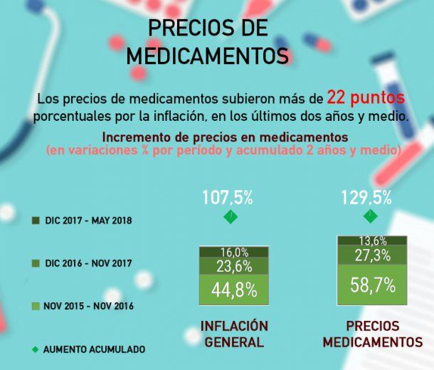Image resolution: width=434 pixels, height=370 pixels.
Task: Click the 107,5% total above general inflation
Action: click(228, 197)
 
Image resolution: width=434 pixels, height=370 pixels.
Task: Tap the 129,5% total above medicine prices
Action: click(367, 197)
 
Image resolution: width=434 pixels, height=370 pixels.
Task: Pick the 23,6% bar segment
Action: click(233, 266)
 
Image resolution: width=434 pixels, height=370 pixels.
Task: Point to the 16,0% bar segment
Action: click(233, 252)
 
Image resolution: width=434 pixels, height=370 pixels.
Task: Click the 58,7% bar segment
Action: click(373, 285)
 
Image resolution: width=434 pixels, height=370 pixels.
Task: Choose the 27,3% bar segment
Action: click(373, 255)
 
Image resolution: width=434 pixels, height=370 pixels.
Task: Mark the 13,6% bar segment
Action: click(373, 240)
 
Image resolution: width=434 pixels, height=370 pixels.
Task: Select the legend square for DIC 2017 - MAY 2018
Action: click(35, 221)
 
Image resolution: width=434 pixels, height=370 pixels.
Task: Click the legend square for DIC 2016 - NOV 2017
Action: click(35, 263)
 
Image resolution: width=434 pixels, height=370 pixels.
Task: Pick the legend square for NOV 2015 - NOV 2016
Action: click(35, 306)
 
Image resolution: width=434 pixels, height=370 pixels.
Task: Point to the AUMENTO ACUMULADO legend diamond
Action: click(35, 349)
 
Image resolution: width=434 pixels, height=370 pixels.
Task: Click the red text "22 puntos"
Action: click(366, 97)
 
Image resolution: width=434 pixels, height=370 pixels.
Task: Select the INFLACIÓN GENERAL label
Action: click(233, 334)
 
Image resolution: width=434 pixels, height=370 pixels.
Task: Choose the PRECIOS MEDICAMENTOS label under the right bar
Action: click(372, 334)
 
